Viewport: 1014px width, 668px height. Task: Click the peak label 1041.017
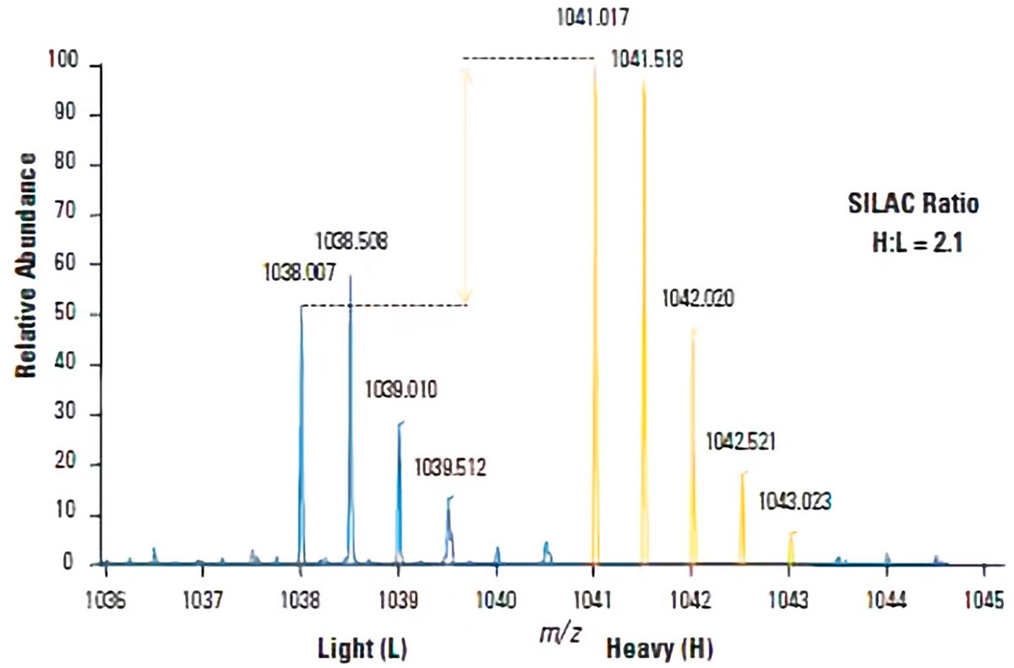pyautogui.click(x=592, y=16)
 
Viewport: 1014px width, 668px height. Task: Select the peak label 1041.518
pyautogui.click(x=647, y=59)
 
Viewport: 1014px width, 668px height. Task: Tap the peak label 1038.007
pyautogui.click(x=300, y=272)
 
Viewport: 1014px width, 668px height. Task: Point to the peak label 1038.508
pyautogui.click(x=352, y=241)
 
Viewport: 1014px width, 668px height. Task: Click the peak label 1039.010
pyautogui.click(x=401, y=390)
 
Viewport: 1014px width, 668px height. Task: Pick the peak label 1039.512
pyautogui.click(x=450, y=466)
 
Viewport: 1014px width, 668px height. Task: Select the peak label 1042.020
pyautogui.click(x=698, y=298)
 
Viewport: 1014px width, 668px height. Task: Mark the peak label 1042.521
pyautogui.click(x=741, y=441)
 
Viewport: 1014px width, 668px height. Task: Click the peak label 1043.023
pyautogui.click(x=794, y=501)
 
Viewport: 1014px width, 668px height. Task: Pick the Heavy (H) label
pyautogui.click(x=659, y=649)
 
